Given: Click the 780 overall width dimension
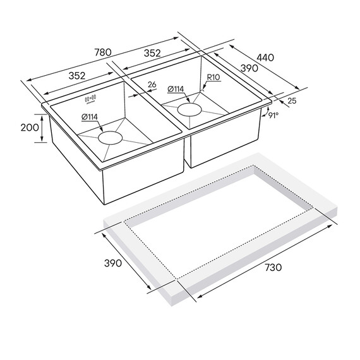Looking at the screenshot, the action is click(x=103, y=52).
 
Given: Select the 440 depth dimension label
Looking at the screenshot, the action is click(x=265, y=57).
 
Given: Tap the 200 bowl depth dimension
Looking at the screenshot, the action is click(x=30, y=128).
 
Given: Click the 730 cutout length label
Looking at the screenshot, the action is click(x=273, y=267).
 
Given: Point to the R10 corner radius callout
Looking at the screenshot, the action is click(x=213, y=77).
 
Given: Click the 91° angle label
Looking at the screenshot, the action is click(x=273, y=115).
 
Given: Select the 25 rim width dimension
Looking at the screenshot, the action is click(x=292, y=101).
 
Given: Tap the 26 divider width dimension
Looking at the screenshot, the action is click(x=152, y=85).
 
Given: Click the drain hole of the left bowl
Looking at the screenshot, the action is click(x=110, y=138).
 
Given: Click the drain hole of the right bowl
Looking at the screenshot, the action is click(x=189, y=109).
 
